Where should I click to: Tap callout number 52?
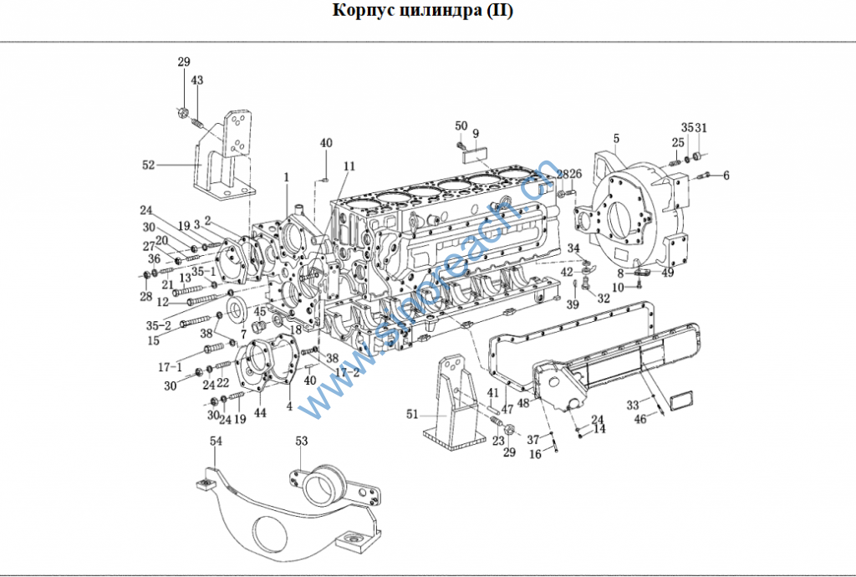149,166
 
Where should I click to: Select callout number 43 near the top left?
197,80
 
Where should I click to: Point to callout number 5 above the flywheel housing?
616,138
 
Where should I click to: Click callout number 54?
216,440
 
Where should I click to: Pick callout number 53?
302,440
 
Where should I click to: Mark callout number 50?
461,125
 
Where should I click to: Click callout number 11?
349,166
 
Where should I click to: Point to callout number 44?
260,412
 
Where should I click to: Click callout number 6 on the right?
726,176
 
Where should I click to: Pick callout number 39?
573,304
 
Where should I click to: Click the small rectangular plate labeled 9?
476,151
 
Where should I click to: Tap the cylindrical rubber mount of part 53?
321,484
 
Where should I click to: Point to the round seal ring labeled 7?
237,310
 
